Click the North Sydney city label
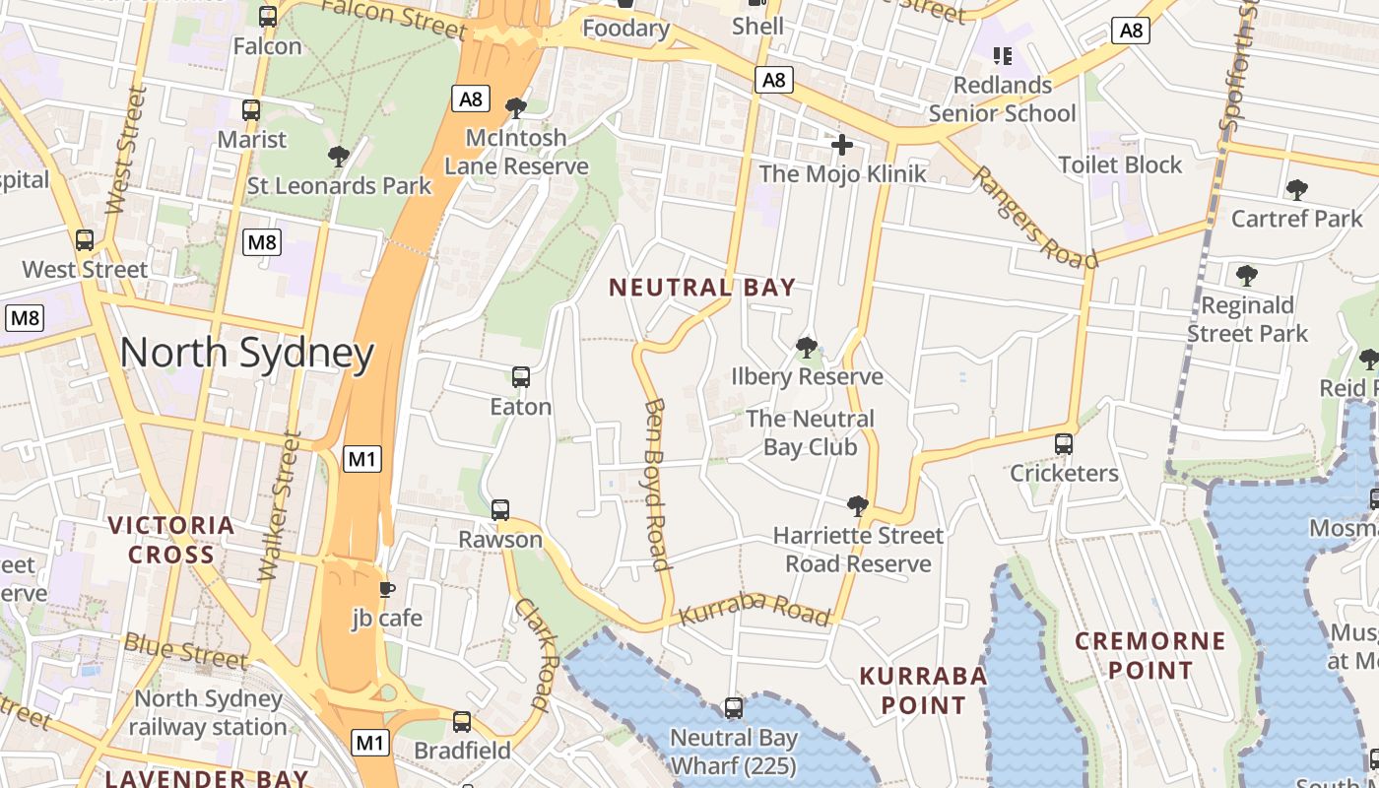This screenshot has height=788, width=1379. point(247,354)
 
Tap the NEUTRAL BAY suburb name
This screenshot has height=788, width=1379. point(701,288)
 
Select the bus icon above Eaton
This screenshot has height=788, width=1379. point(521,376)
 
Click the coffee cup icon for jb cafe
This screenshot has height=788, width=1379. point(387,589)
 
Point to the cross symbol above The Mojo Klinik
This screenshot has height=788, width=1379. point(842,145)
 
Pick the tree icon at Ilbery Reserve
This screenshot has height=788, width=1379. point(807,347)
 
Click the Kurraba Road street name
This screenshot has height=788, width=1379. point(755,611)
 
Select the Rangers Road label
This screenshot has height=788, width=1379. point(1034,217)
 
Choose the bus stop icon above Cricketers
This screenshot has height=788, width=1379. point(1064,443)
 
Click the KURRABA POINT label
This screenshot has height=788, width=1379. point(923,689)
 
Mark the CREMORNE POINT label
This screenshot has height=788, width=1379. point(1149,656)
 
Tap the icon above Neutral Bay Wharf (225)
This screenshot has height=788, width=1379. point(733,707)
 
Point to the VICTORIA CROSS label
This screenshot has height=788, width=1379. point(171,540)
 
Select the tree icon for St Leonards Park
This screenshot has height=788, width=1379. point(339,156)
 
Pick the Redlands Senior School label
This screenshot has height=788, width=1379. point(1003,98)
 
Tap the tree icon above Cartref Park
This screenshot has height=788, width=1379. point(1296,188)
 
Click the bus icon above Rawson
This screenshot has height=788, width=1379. point(500,509)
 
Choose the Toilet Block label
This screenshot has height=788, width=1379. point(1120,164)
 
